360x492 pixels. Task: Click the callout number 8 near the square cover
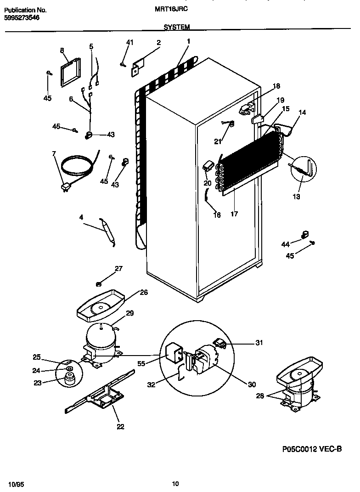click(x=62, y=51)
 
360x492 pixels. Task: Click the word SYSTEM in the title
click(x=176, y=28)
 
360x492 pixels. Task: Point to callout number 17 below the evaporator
click(x=234, y=214)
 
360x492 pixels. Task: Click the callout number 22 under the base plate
click(x=120, y=426)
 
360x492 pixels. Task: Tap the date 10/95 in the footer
click(x=16, y=484)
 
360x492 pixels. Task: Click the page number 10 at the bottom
click(x=175, y=483)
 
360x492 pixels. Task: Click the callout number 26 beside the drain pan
click(x=144, y=292)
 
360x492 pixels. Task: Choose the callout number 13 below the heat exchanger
click(x=296, y=197)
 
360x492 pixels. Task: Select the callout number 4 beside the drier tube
click(x=81, y=218)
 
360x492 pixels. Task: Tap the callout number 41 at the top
click(x=129, y=43)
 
